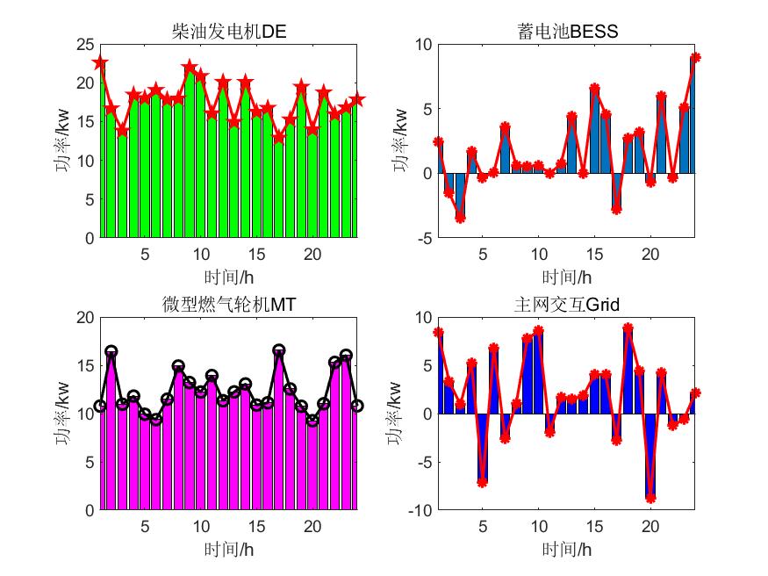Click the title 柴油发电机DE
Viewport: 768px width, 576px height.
229,32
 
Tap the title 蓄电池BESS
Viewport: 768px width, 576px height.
568,32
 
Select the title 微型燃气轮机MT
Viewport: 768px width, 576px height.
229,305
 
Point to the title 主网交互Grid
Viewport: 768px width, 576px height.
566,305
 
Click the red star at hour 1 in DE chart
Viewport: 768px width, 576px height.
100,62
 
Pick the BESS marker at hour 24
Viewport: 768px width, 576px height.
695,58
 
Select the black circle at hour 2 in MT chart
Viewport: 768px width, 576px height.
111,351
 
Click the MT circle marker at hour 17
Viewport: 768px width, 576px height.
279,350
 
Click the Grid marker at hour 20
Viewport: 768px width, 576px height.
650,498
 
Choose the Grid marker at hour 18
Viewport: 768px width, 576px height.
628,328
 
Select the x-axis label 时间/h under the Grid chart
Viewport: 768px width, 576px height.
566,551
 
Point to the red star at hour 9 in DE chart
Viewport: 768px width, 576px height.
190,68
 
